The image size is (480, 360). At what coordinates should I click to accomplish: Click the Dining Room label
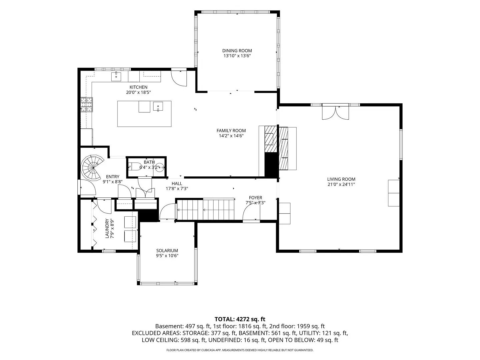point(237,51)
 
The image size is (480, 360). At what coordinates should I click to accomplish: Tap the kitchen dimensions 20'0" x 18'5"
point(138,92)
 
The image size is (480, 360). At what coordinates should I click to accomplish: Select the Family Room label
point(231,130)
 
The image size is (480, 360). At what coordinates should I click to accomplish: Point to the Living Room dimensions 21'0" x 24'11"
point(341,184)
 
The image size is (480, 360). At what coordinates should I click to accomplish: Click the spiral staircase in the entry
point(92,167)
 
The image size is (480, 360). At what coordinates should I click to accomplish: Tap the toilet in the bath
point(133,167)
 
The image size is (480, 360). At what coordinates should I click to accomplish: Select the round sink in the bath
point(161,167)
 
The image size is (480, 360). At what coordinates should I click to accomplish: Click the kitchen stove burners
point(87,105)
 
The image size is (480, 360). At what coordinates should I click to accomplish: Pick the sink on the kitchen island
point(158,107)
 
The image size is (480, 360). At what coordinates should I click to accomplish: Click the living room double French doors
point(335,112)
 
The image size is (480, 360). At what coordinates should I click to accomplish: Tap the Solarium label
point(167,250)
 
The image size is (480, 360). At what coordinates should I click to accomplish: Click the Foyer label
point(255,198)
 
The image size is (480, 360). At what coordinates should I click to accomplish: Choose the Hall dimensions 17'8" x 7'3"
point(177,189)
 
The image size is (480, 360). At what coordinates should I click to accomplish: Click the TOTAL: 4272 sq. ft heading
point(240,319)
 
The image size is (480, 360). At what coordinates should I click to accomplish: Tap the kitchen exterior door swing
point(179,78)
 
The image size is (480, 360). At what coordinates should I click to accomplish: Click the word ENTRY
point(113,177)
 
